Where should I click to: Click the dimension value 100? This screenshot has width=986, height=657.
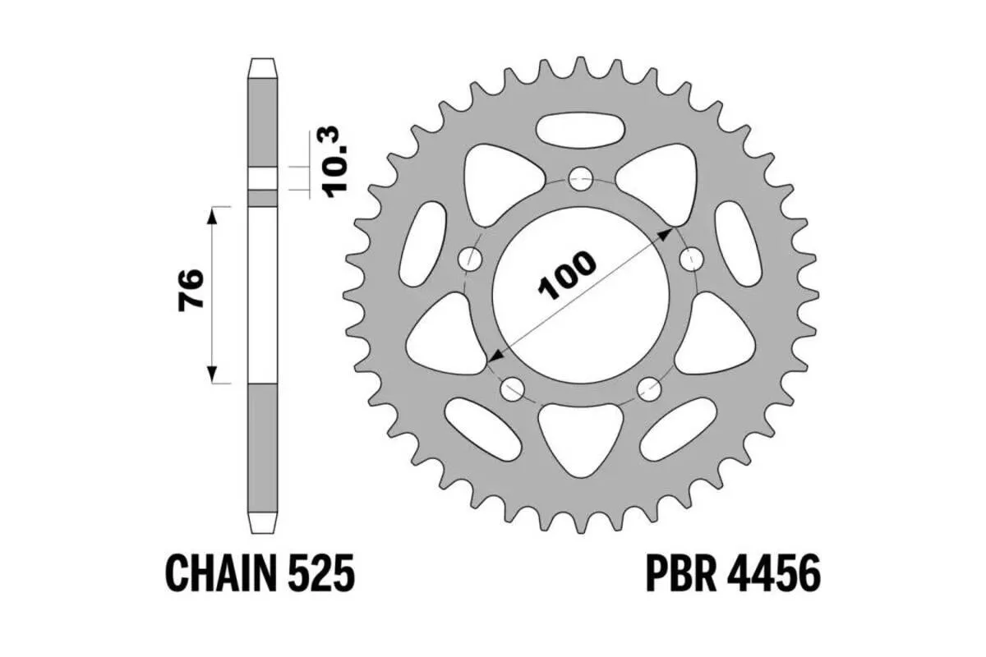pyautogui.click(x=567, y=276)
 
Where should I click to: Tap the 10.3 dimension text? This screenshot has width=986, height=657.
pyautogui.click(x=336, y=160)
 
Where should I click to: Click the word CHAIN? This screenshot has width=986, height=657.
pyautogui.click(x=219, y=572)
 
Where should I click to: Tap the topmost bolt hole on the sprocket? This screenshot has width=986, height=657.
pyautogui.click(x=582, y=177)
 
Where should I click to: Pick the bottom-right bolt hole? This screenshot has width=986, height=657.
pyautogui.click(x=650, y=385)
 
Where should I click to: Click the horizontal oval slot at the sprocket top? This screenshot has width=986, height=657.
pyautogui.click(x=580, y=128)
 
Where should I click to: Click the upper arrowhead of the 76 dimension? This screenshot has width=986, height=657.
pyautogui.click(x=214, y=212)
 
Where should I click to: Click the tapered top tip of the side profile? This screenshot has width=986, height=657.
pyautogui.click(x=263, y=66)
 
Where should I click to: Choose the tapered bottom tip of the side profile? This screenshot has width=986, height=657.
pyautogui.click(x=263, y=521)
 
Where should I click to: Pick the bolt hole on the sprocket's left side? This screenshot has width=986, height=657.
pyautogui.click(x=471, y=260)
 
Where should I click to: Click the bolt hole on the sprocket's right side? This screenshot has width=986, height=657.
pyautogui.click(x=692, y=260)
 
